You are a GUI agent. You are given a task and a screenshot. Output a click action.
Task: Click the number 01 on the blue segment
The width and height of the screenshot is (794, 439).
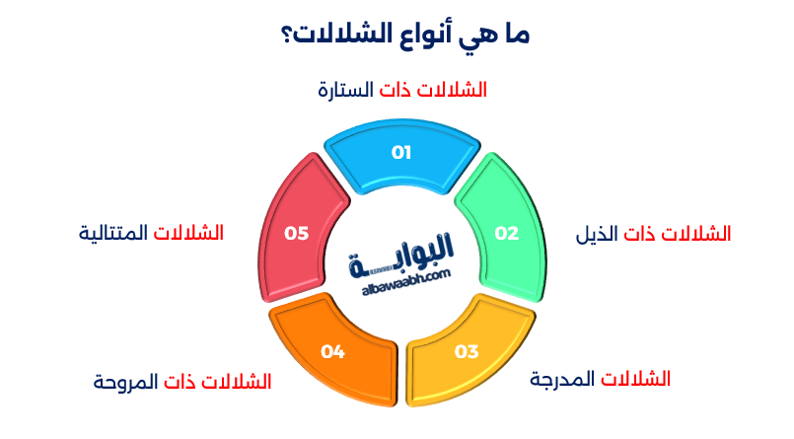tap(400, 152)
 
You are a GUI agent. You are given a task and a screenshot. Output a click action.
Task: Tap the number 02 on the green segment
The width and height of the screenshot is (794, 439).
tap(506, 234)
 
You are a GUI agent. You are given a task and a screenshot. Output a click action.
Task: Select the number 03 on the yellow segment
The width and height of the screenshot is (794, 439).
tap(466, 351)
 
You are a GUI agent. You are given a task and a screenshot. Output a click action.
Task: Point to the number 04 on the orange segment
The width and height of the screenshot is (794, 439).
tap(332, 351)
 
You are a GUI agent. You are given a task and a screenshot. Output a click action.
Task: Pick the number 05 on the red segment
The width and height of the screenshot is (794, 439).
tap(296, 234)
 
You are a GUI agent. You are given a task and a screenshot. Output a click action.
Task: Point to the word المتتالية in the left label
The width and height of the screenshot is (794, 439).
tap(112, 234)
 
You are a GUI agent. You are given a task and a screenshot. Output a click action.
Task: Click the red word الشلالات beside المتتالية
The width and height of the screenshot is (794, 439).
tap(188, 234)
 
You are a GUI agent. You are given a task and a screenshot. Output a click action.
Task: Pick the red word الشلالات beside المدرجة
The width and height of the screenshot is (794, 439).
tap(635, 380)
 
